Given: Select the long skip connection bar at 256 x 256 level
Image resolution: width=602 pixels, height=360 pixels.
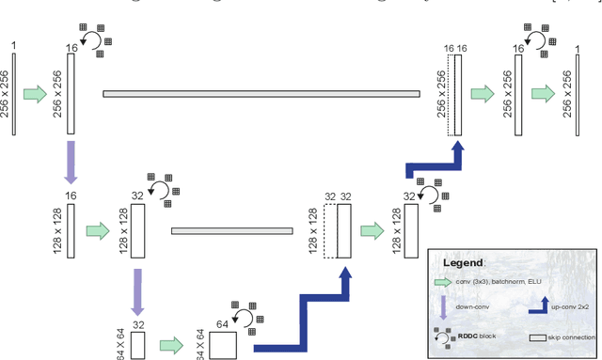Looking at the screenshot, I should pyautogui.click(x=261, y=93).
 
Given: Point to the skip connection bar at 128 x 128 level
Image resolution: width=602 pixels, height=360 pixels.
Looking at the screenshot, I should pyautogui.click(x=239, y=228).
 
